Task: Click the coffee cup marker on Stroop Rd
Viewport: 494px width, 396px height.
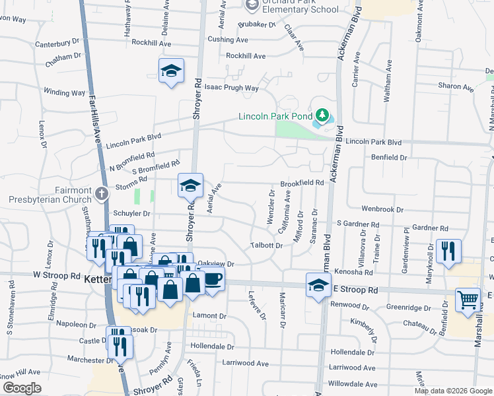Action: coord(213,279)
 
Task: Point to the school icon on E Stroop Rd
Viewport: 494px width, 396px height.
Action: coord(318,286)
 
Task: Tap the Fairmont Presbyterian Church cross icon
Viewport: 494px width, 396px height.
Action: coord(101,194)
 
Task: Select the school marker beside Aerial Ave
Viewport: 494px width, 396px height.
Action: coord(190,185)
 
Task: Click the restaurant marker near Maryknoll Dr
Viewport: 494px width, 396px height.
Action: coord(448,251)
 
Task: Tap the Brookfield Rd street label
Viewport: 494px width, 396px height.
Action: coord(302,183)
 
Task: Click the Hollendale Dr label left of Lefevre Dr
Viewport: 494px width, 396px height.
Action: coord(213,346)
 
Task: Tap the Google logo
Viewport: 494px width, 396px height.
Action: coord(22,388)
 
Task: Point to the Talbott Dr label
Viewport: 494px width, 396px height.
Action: coord(266,246)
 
